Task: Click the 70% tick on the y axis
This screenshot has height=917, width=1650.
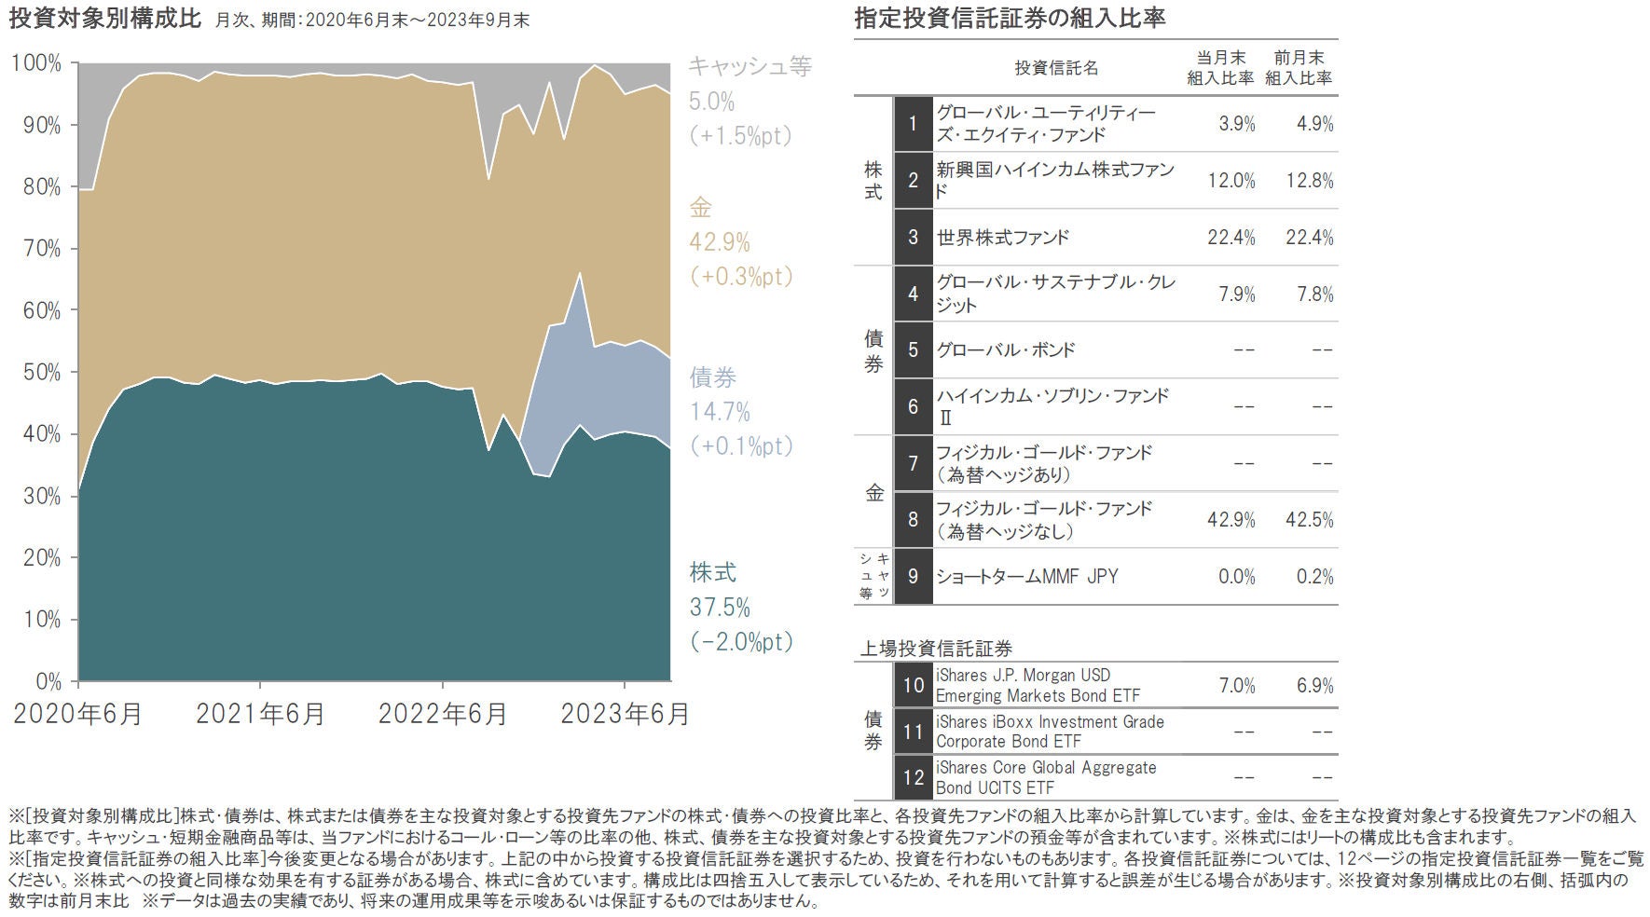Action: point(37,249)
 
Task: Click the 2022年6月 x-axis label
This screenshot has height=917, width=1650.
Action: point(443,714)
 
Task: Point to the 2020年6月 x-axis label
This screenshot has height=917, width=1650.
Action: point(78,714)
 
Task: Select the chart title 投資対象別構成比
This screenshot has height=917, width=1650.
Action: point(104,19)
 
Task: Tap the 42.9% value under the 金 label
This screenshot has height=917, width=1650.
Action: point(720,242)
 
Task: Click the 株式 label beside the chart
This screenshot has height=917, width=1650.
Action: point(713,571)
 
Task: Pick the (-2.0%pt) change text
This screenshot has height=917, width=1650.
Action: point(741,642)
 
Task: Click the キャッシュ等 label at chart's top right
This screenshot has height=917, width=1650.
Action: point(749,66)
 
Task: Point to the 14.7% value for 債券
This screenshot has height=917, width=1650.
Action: point(720,412)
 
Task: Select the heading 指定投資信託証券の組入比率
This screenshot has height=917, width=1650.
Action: point(1010,19)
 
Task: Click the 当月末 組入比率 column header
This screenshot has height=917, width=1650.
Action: point(1220,68)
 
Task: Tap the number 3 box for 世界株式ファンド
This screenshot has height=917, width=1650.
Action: point(913,237)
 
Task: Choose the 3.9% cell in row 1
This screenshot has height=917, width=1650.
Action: point(1237,124)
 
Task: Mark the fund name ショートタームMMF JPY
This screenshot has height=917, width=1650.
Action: point(1026,576)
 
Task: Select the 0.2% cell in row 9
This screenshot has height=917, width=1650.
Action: point(1314,576)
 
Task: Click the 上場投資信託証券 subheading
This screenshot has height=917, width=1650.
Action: point(936,648)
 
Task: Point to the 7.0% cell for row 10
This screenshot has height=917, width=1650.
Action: point(1237,686)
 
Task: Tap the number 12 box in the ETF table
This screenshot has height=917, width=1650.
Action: point(913,777)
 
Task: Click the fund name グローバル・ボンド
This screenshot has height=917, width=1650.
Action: point(1005,350)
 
